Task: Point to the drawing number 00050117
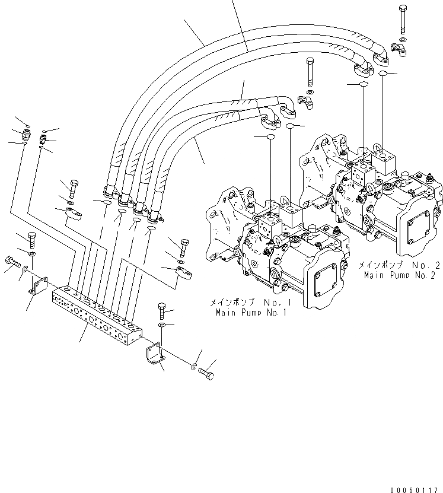pyautogui.click(x=415, y=489)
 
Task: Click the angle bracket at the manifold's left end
pyautogui.click(x=39, y=286)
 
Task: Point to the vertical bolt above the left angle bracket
pyautogui.click(x=32, y=240)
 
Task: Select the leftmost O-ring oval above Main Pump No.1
pyautogui.click(x=270, y=136)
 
